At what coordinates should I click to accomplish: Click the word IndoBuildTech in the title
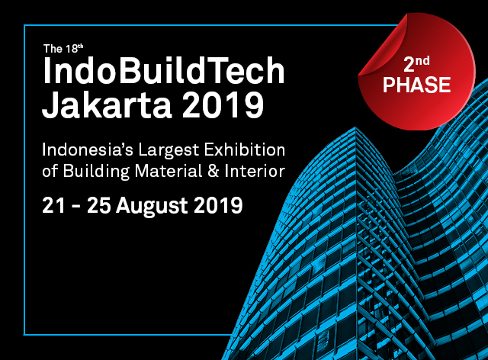point(164,71)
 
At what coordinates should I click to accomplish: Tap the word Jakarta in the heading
point(107,104)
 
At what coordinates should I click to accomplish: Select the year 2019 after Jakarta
point(223,104)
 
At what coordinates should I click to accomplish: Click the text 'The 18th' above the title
point(63,49)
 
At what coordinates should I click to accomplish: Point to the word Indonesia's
point(88,150)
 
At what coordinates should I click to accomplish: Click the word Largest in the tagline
point(169,152)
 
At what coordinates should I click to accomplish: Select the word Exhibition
point(245,150)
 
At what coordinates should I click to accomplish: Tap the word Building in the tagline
point(96,172)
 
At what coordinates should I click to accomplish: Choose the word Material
point(169,172)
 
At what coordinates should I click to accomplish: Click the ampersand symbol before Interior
point(213,172)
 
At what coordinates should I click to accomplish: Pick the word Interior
point(255,172)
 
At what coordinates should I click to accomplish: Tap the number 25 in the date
point(98,205)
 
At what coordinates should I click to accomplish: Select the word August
point(152,207)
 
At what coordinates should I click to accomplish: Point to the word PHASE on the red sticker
point(417,85)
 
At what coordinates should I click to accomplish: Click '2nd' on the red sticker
point(416,64)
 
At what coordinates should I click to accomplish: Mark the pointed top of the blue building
point(356,127)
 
